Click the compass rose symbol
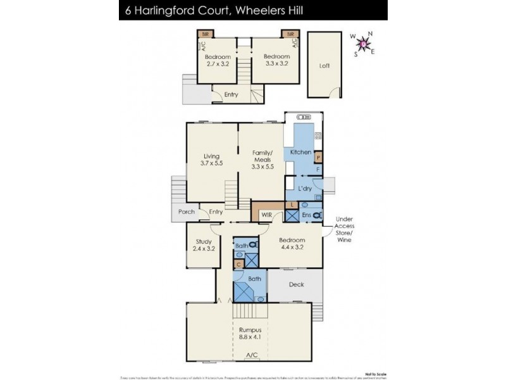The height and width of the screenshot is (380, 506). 363,44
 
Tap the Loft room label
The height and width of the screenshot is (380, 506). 324,65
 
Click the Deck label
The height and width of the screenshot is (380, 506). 296,285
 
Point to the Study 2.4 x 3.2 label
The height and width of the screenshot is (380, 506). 203,244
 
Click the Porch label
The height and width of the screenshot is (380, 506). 185,212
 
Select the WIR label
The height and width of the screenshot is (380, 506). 266,215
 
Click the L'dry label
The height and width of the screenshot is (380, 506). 305,189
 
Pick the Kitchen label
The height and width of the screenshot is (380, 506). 300,153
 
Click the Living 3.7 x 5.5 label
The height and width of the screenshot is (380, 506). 211,160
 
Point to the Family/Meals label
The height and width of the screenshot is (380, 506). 261,160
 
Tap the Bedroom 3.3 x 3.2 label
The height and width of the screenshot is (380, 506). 275,60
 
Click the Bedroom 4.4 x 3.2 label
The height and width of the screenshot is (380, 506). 292,244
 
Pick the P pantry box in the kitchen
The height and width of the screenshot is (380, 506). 318,156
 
